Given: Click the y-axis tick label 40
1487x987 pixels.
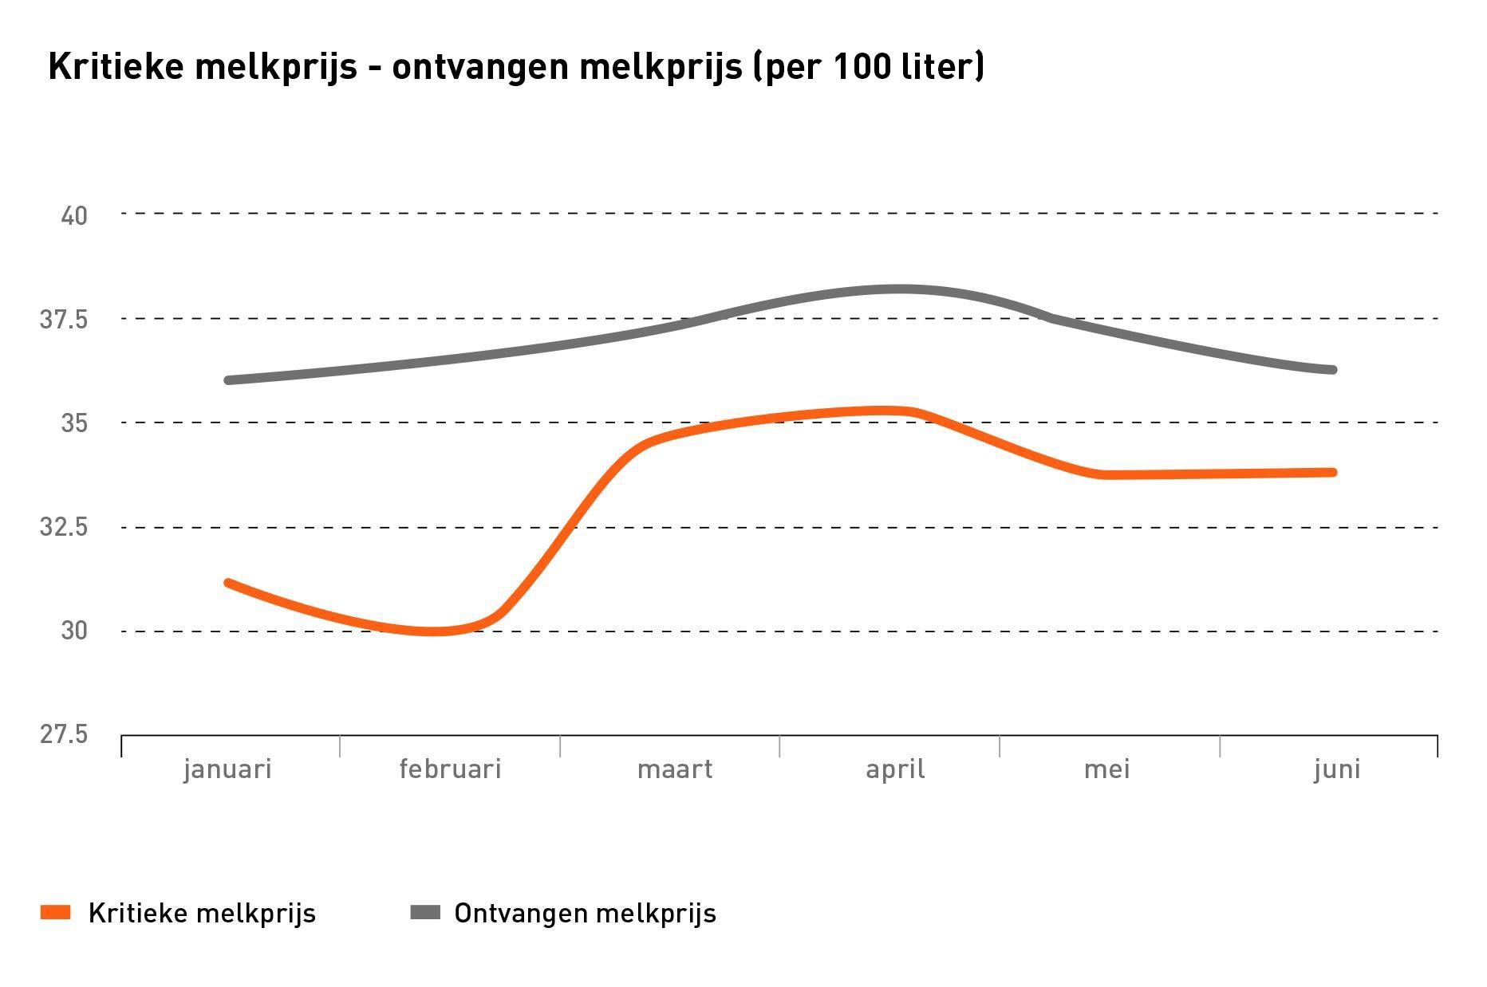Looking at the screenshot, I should click(74, 215).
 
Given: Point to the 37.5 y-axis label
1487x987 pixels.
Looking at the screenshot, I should click(64, 320).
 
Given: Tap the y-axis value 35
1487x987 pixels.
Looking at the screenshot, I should click(74, 423).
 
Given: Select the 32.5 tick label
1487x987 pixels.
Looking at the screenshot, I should click(64, 527).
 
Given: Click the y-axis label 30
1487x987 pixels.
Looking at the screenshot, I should click(74, 631).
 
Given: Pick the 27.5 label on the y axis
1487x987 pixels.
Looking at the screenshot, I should click(64, 733).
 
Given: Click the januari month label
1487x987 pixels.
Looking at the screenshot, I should click(227, 769).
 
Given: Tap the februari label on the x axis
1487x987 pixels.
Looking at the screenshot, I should click(450, 769).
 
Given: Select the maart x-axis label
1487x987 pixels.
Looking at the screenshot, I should click(674, 769).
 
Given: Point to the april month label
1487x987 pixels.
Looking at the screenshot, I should click(895, 769).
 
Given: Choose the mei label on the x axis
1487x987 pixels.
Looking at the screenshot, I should click(1106, 769).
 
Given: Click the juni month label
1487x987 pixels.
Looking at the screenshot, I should click(1337, 769).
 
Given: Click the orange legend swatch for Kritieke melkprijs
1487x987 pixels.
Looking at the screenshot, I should click(56, 913).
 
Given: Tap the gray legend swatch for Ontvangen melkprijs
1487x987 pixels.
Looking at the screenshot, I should click(425, 913).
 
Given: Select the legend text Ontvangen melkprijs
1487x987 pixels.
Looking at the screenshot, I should click(585, 914).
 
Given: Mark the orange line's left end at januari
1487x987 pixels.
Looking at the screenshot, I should click(228, 584).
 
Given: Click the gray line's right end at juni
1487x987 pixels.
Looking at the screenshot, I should click(1332, 370).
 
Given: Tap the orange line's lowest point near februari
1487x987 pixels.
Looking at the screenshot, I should click(432, 631).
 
